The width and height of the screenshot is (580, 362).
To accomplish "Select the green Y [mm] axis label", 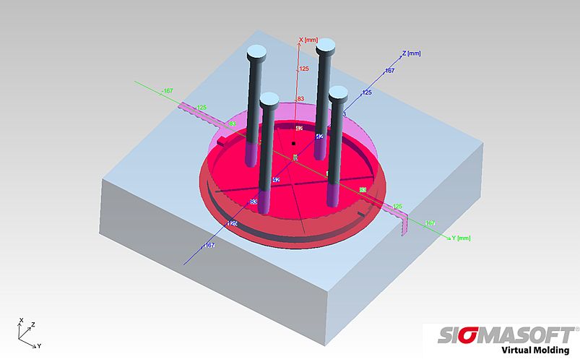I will click(462, 238).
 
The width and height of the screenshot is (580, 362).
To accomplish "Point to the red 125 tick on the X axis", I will click(304, 69).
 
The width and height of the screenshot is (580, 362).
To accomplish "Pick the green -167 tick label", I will click(168, 90).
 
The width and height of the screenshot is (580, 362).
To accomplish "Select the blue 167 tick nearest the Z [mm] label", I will click(389, 70).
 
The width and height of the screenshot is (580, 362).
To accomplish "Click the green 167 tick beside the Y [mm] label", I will click(430, 223).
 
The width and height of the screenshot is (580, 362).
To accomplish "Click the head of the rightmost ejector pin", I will click(339, 92).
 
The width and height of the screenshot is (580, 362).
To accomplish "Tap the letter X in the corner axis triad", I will click(22, 320).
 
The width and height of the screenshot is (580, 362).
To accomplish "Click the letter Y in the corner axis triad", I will click(39, 346).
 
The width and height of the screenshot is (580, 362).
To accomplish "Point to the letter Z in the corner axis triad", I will click(33, 325).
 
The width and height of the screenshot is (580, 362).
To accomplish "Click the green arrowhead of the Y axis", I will click(451, 237).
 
